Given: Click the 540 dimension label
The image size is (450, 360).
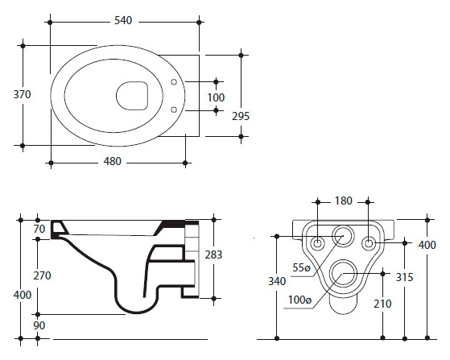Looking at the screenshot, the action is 123,20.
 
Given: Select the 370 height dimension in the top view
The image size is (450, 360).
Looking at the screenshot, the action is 22,94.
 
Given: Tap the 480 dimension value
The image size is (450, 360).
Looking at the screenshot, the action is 112,161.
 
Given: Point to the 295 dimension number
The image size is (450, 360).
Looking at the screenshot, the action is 241,116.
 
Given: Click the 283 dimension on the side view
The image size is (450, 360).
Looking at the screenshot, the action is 213,254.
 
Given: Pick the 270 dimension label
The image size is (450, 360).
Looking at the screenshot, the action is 42,275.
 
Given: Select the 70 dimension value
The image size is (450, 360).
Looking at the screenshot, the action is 39,229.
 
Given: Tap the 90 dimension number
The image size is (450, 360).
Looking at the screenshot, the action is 39,325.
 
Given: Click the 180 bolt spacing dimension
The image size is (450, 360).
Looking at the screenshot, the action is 344,201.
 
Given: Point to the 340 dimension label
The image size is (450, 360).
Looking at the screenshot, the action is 277,281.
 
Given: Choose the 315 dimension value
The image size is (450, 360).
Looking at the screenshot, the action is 404,277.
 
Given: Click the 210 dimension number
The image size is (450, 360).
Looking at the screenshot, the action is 382,304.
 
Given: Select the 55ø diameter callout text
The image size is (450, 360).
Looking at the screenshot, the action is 301,267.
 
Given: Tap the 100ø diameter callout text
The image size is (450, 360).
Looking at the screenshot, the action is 299,300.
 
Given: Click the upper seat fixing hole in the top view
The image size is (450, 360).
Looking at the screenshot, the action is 174,82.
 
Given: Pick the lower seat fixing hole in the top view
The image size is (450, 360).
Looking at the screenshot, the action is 174,110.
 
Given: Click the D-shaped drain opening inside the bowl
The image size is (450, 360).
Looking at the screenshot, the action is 132,96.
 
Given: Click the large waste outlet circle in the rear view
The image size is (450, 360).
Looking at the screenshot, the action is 343,273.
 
